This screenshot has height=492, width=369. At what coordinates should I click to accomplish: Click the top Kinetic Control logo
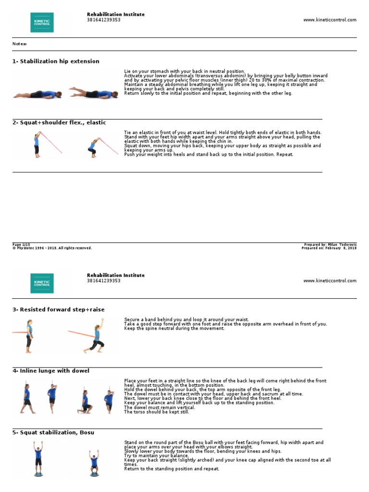[42, 23]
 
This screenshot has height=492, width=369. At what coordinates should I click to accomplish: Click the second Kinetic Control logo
[42, 283]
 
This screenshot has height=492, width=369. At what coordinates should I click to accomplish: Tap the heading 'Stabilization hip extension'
[56, 61]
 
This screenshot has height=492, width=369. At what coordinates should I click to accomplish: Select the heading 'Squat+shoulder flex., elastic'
[59, 123]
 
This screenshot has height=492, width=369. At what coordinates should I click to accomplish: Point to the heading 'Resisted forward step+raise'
[58, 309]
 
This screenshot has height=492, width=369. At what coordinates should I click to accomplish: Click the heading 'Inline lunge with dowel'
[50, 371]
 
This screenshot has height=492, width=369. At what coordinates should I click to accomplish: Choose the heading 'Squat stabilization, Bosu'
[53, 432]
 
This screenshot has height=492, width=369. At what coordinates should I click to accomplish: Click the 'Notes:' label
[20, 44]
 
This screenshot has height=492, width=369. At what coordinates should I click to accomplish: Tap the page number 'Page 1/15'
[21, 245]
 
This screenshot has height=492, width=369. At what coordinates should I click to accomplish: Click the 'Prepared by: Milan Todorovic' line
[330, 245]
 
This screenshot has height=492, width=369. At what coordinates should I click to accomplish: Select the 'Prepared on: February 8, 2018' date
[329, 248]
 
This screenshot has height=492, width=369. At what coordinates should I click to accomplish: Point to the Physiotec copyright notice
[52, 248]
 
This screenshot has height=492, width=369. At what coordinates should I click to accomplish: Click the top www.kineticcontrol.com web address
[330, 20]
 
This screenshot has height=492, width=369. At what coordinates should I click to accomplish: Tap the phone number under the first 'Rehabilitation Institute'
[104, 20]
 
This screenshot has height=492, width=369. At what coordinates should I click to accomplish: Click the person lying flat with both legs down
[37, 94]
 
